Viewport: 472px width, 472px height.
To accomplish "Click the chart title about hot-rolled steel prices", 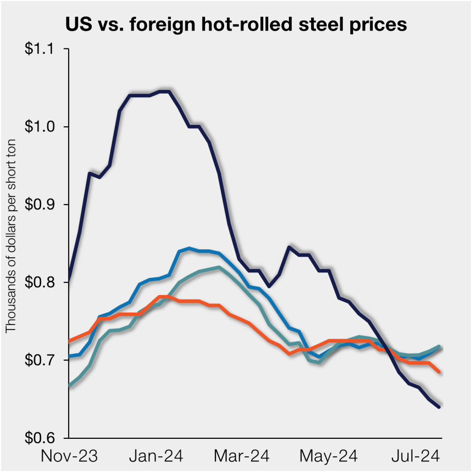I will click(236, 25).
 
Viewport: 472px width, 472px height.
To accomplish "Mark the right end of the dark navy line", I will click(439, 407).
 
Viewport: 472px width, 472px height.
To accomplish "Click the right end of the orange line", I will click(439, 371).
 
